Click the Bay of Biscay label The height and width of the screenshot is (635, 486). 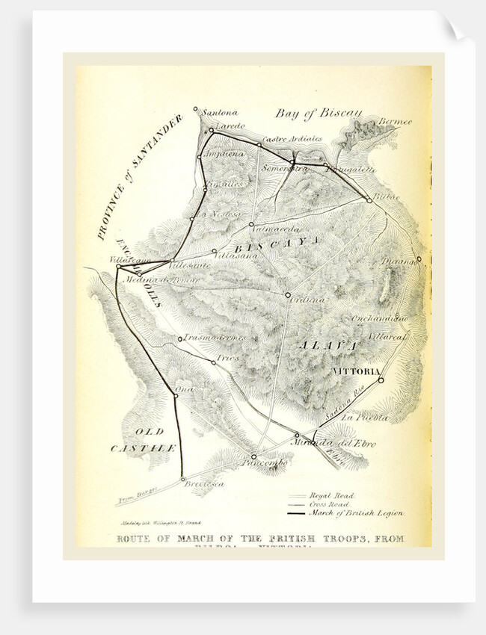319,114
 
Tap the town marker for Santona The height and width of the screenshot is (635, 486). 196,109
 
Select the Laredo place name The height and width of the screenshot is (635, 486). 230,126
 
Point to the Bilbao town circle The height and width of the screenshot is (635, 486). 369,200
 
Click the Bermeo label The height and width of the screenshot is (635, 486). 395,121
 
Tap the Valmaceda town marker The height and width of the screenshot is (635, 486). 251,224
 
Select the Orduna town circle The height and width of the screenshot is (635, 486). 288,295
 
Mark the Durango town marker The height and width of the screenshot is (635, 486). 419,259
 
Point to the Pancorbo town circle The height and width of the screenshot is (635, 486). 253,456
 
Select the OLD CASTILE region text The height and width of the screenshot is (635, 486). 144,440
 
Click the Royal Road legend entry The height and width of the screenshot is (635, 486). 333,495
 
